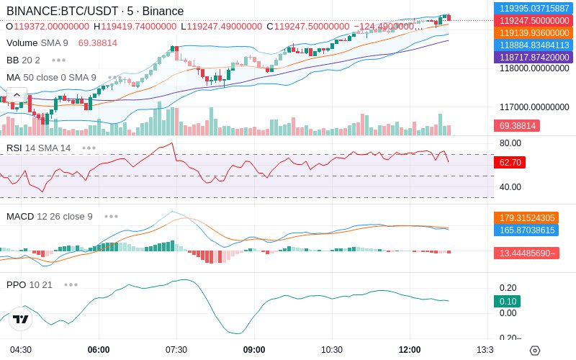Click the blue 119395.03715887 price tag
(x=534, y=8)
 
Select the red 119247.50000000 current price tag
(x=534, y=21)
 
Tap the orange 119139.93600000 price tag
(x=534, y=32)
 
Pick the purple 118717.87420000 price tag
(x=534, y=58)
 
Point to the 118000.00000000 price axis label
(x=534, y=68)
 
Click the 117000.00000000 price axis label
(x=534, y=107)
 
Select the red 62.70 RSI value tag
(x=510, y=163)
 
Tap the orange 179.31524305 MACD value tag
(x=526, y=218)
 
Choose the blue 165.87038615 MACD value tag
(x=526, y=230)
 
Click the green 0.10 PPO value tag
(x=508, y=301)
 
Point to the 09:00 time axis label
(x=254, y=350)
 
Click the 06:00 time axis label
(x=99, y=350)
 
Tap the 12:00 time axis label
(x=410, y=350)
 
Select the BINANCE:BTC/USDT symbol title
(x=63, y=11)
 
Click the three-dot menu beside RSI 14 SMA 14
(x=89, y=148)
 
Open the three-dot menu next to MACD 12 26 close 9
(x=111, y=217)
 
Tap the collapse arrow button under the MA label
(x=17, y=95)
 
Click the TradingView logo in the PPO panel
(x=21, y=319)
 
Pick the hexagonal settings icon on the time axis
(x=535, y=351)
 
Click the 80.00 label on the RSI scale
(x=510, y=143)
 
